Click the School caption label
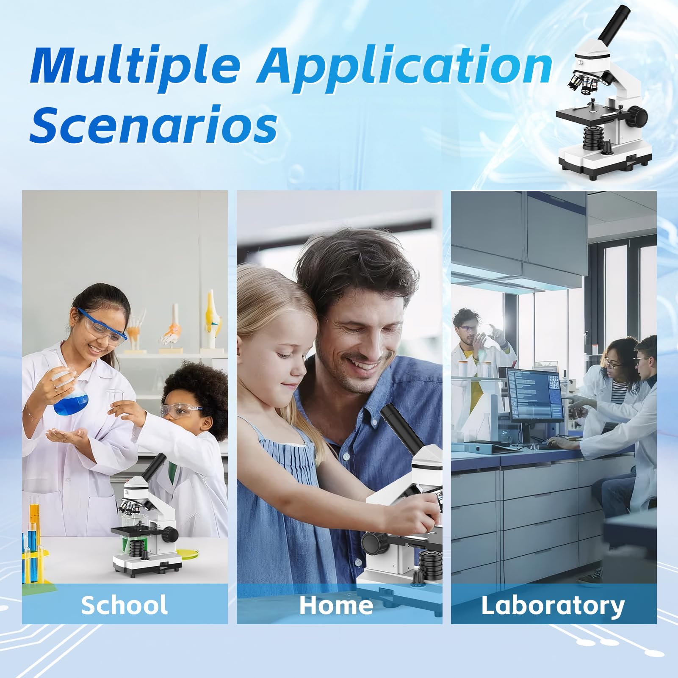124,604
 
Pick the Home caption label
336,605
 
